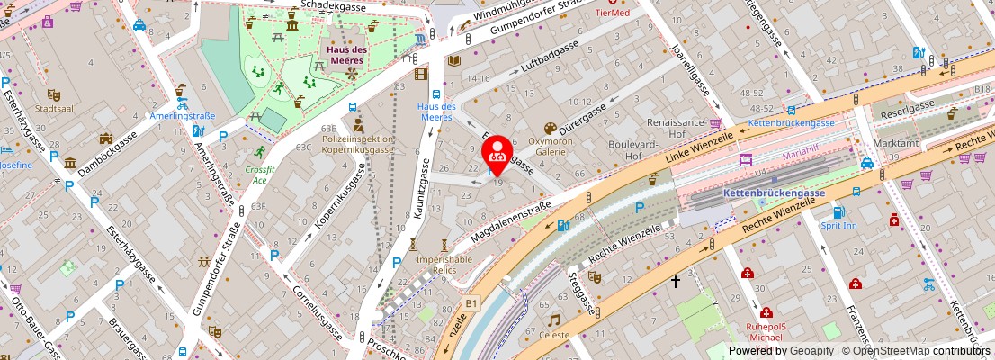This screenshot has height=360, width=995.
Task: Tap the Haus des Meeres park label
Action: point(345,55)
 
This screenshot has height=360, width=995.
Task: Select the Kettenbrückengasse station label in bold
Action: point(775,193)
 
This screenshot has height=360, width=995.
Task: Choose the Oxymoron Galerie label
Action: point(550,147)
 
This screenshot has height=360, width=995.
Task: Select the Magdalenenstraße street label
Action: point(510,221)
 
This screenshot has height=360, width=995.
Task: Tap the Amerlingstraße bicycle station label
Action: point(183,116)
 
